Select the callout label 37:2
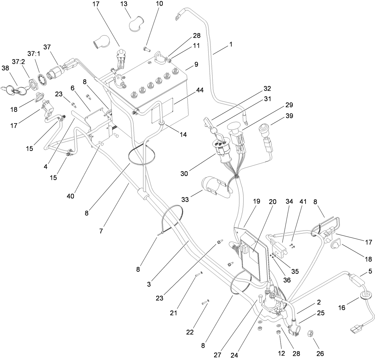pos(18,61)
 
